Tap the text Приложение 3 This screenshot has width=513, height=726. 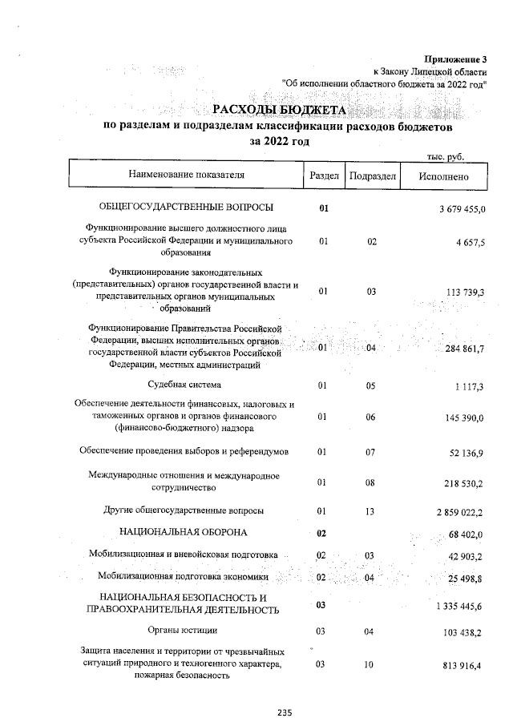(456, 58)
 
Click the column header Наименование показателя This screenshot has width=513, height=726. (185, 174)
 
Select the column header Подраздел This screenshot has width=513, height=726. (371, 175)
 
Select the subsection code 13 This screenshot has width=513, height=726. (371, 510)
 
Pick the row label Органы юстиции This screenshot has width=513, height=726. (185, 632)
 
